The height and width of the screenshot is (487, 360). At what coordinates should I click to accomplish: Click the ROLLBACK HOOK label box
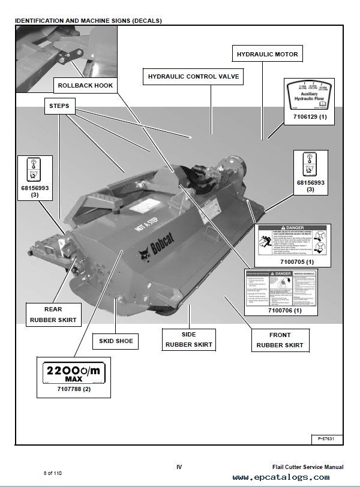(x=85, y=85)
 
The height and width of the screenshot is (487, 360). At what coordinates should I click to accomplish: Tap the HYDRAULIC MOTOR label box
(x=267, y=55)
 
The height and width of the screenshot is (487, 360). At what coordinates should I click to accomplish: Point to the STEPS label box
(x=57, y=106)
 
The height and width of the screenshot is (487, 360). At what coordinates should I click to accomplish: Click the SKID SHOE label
(x=116, y=342)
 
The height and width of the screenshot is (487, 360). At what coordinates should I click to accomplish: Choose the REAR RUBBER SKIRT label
(x=53, y=315)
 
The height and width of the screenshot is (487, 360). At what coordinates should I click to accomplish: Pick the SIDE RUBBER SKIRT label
(x=188, y=339)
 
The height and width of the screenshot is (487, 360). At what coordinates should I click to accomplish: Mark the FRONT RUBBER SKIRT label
(x=280, y=340)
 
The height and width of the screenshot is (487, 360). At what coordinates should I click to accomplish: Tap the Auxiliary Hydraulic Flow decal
(x=307, y=95)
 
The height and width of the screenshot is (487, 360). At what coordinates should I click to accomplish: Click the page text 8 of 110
(x=52, y=473)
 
